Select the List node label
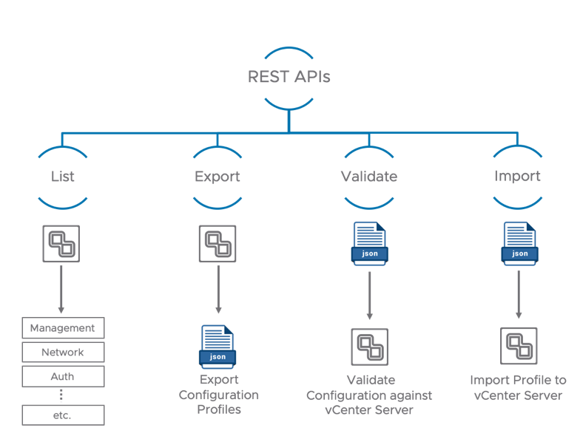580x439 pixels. (63, 177)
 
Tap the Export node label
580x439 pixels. (217, 177)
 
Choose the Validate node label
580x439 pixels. (368, 177)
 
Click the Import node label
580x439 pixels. (517, 177)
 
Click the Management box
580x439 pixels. (63, 327)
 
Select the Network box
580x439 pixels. (63, 352)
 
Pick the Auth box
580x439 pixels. (63, 376)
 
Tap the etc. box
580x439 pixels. (63, 415)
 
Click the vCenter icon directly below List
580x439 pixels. (61, 244)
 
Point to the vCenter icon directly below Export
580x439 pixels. (217, 244)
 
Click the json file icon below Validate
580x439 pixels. (369, 244)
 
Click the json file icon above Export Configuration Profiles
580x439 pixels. (217, 347)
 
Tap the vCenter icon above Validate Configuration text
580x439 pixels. (369, 347)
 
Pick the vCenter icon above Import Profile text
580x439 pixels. (519, 346)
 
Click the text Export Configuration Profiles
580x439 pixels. (218, 395)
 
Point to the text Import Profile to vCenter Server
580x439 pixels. (518, 388)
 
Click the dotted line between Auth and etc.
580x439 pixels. (63, 395)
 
